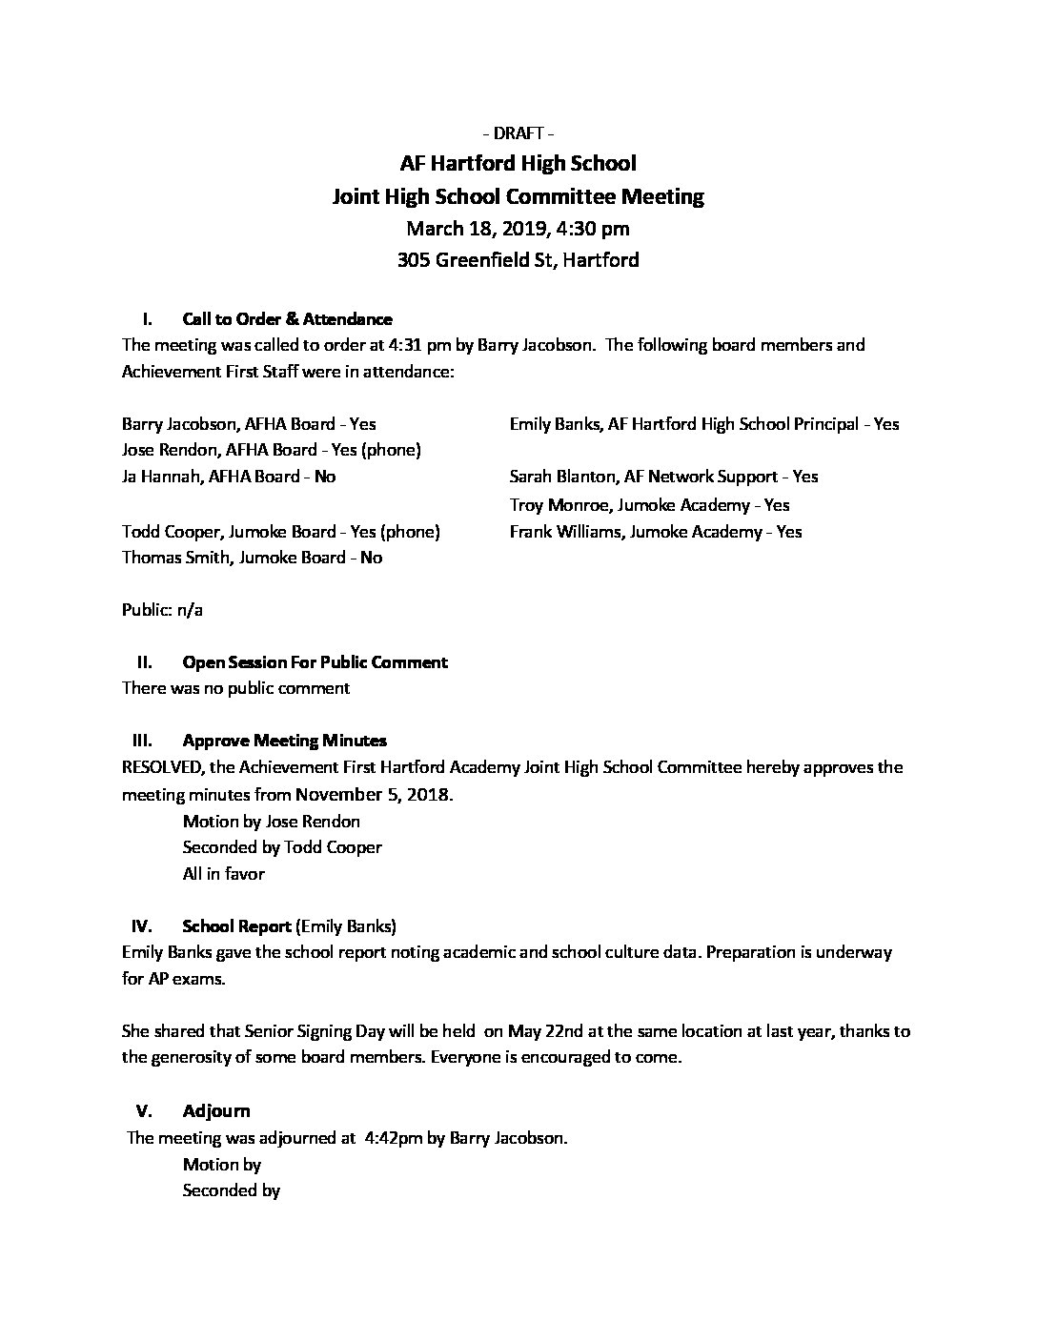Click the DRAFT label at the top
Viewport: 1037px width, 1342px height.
[518, 132]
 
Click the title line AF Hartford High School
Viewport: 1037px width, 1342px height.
[518, 164]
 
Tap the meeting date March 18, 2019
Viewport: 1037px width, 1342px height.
[473, 228]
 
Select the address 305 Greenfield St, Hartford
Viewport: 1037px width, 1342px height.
[518, 259]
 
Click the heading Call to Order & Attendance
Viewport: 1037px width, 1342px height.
[287, 319]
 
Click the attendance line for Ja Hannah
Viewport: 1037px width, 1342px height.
[229, 477]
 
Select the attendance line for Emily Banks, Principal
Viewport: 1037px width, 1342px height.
[703, 424]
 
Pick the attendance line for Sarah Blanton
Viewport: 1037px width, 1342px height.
[663, 477]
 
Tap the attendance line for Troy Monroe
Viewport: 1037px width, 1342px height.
[649, 505]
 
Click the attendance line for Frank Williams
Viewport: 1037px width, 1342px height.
[655, 532]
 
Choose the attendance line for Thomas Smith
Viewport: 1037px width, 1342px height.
[252, 558]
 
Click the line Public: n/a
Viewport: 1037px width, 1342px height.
[162, 610]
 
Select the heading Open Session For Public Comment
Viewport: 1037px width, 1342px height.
[315, 661]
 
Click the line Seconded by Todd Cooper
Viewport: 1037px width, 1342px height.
[282, 847]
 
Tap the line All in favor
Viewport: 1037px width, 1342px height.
[223, 873]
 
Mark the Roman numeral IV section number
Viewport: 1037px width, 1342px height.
[142, 925]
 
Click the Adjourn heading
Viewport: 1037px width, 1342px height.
[216, 1110]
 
